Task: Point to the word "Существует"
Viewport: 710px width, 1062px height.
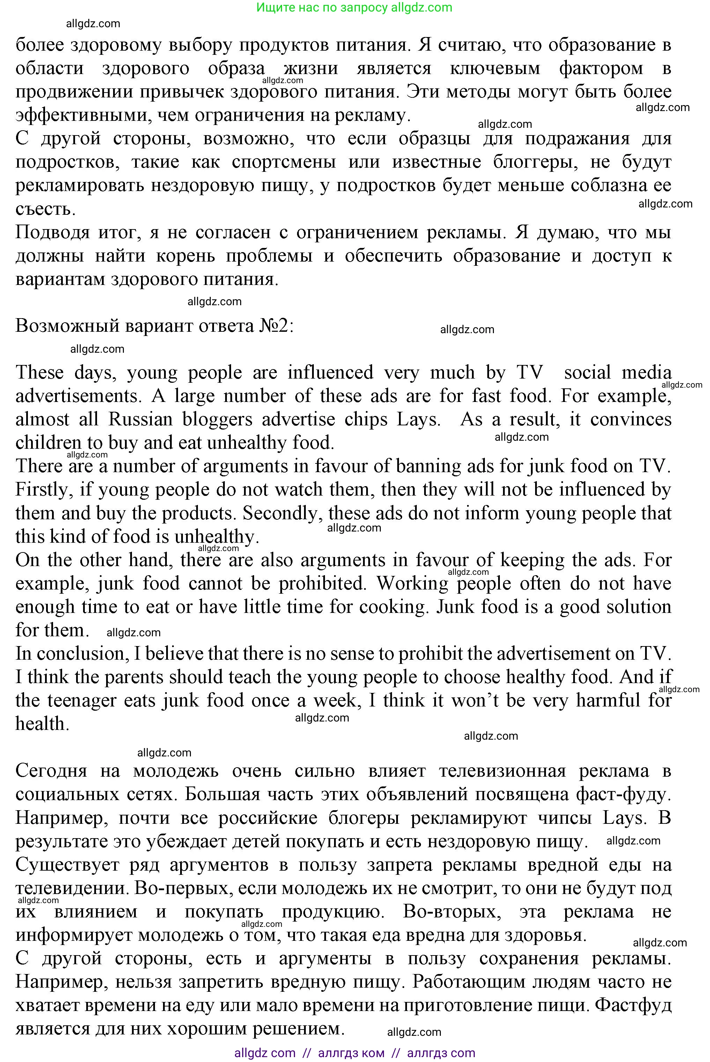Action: pos(67,865)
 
